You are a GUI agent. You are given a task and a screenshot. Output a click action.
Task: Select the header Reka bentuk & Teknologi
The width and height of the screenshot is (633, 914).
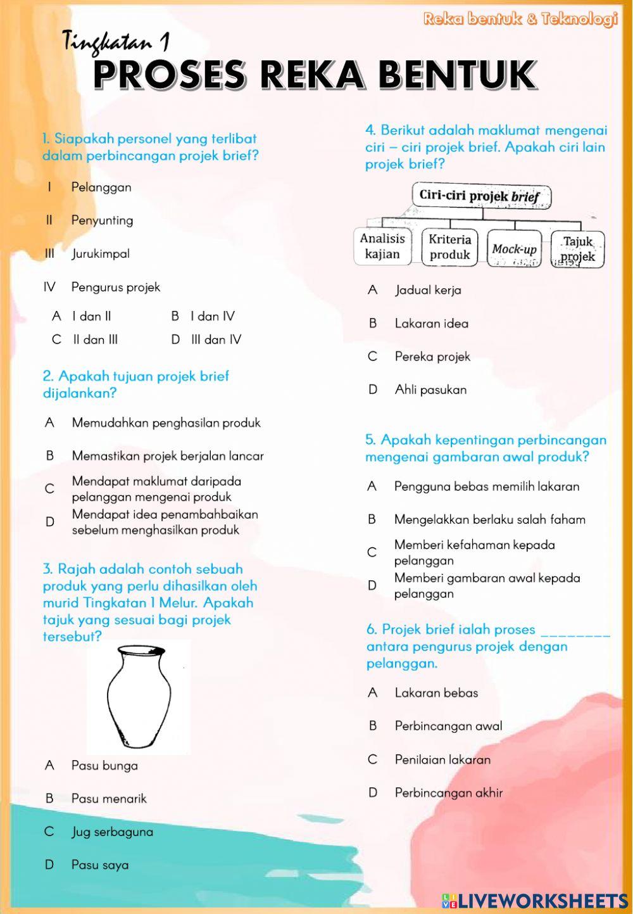520,20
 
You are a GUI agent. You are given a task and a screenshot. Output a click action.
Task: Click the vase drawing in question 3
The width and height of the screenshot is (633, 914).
138,697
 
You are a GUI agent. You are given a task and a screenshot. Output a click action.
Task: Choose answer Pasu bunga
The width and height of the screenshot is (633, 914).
104,765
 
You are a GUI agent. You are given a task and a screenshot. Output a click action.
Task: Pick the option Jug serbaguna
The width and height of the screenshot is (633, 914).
112,832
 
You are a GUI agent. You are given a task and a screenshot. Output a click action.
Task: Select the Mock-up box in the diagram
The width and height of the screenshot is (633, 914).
514,249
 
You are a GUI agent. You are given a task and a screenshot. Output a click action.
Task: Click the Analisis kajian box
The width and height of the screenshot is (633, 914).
382,246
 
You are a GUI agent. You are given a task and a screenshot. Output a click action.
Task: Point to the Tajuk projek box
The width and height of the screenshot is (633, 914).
578,249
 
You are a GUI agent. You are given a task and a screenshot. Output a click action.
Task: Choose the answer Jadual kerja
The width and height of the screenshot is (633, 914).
428,290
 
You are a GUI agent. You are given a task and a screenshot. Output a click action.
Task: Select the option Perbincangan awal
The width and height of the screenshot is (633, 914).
448,726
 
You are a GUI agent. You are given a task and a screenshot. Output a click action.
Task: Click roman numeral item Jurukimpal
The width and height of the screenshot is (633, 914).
100,254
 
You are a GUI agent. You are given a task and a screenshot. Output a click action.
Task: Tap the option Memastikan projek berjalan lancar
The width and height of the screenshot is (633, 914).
167,456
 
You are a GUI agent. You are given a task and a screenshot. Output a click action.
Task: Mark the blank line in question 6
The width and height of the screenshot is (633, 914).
576,632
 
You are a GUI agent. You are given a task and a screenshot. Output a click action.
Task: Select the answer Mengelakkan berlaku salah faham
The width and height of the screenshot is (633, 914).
489,520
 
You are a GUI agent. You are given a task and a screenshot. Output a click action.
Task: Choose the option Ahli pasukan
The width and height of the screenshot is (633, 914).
430,390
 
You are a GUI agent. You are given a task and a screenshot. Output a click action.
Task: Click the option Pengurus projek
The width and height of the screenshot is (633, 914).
115,288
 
